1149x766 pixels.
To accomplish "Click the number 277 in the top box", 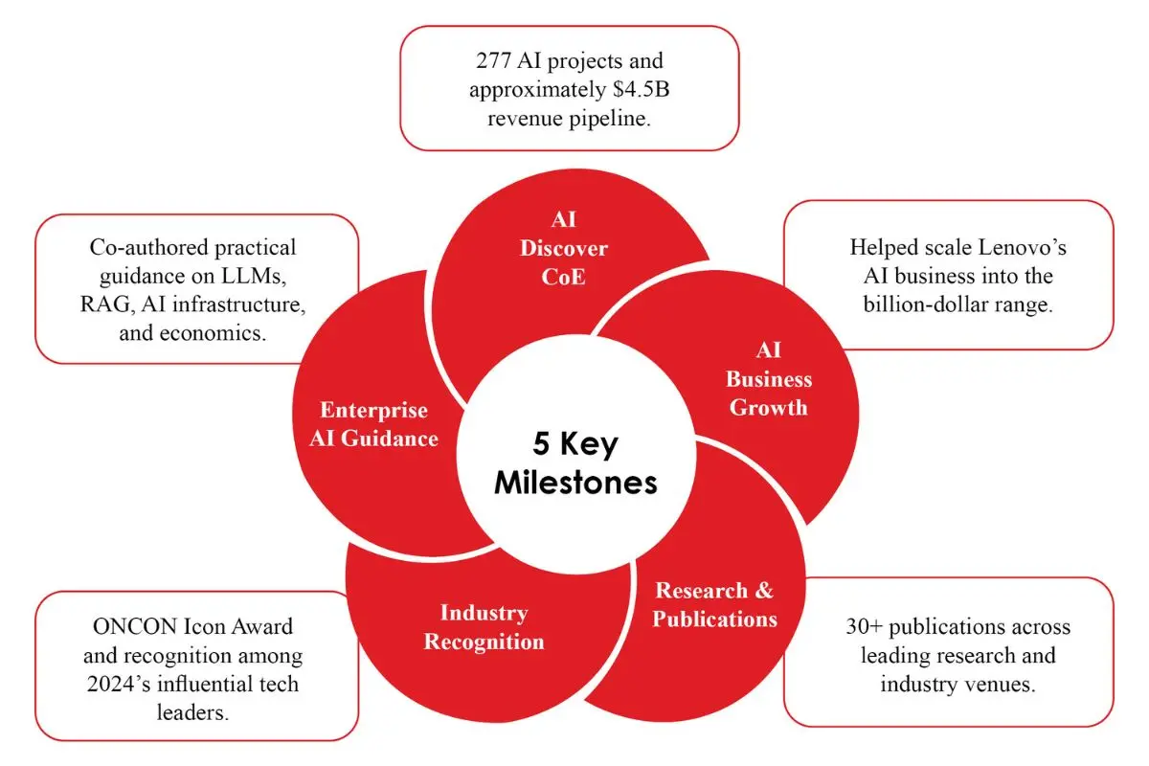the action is (x=493, y=60).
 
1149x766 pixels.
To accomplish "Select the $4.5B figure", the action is (x=642, y=89).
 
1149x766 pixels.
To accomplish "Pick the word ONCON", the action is (x=135, y=626).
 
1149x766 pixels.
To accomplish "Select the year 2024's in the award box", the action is (x=119, y=684).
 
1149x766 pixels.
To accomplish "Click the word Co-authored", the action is (x=148, y=247).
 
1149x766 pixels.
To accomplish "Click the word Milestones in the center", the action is (x=575, y=483).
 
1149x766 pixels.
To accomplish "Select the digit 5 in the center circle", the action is (x=541, y=443).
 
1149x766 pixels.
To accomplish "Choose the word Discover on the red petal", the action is (x=564, y=248).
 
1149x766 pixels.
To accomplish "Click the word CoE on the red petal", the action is (x=563, y=277).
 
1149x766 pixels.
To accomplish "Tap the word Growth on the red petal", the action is (x=768, y=408).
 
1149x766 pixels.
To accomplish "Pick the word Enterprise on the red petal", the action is (x=374, y=410).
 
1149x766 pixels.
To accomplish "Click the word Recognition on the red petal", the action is (x=484, y=642).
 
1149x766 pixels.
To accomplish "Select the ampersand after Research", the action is (x=764, y=591).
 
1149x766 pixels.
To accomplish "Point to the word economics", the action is (x=213, y=333).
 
